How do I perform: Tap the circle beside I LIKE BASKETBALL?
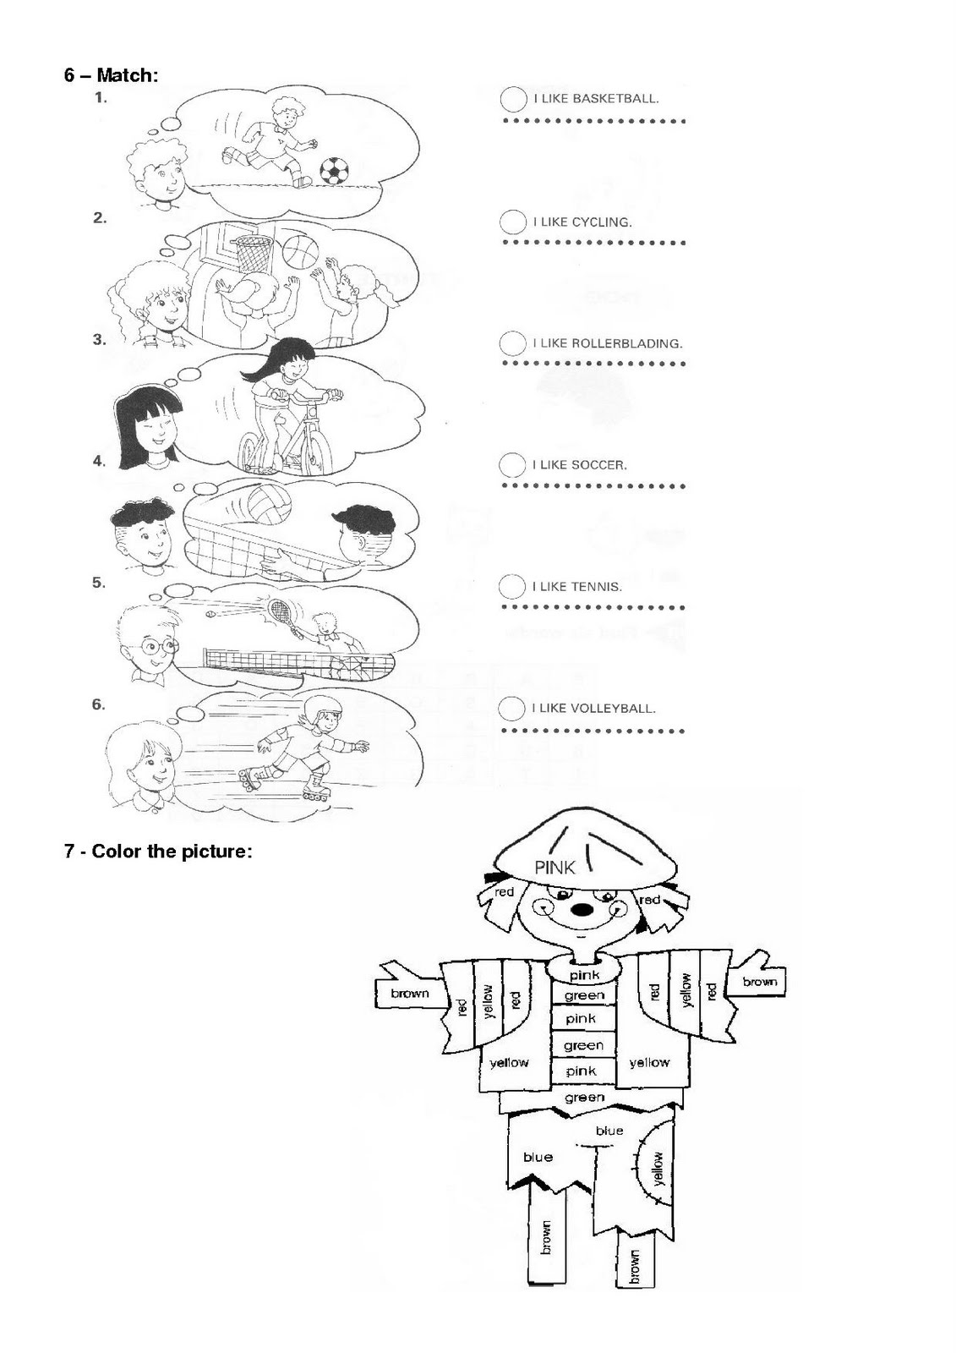point(513,99)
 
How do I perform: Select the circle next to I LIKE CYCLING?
point(512,222)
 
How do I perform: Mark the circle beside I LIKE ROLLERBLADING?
point(512,343)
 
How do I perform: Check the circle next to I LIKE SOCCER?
point(512,465)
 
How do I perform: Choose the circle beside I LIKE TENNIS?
point(512,586)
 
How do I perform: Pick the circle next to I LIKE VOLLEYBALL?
point(512,708)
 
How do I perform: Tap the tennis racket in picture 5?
point(281,609)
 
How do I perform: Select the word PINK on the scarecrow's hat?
point(554,866)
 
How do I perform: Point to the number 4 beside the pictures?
point(99,461)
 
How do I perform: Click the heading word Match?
point(126,75)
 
